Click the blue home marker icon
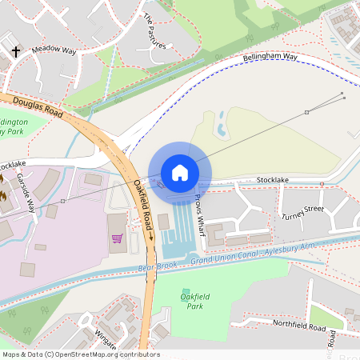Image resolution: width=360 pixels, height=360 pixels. click(x=180, y=172)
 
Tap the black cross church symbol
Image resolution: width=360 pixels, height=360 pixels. click(x=15, y=53)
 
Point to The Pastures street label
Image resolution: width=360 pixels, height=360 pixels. click(x=154, y=31)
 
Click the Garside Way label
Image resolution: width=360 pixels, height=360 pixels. click(x=27, y=191)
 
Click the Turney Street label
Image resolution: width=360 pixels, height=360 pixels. click(x=302, y=212)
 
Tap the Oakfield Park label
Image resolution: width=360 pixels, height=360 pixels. click(x=190, y=301)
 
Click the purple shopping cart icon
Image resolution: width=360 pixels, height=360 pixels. click(x=117, y=238)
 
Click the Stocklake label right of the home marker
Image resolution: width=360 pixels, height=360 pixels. click(x=272, y=181)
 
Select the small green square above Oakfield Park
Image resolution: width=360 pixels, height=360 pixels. click(x=186, y=291)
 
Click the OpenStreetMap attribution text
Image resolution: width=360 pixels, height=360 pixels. click(x=80, y=354)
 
